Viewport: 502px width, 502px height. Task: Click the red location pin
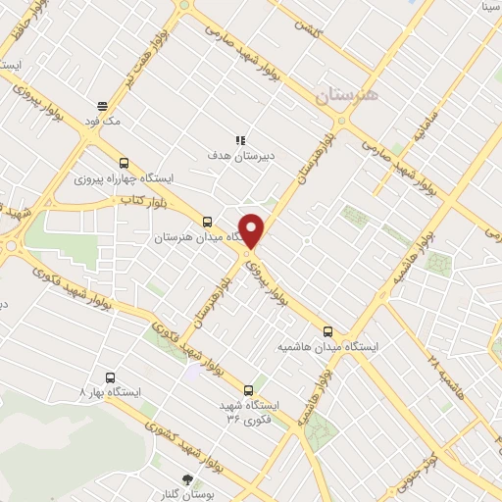point(252,229)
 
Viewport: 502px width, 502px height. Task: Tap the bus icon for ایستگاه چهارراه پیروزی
point(123,164)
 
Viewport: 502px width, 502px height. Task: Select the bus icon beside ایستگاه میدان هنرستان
point(206,222)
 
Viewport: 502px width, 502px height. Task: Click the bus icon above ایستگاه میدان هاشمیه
point(327,331)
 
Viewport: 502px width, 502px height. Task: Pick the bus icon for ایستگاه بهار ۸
point(108,376)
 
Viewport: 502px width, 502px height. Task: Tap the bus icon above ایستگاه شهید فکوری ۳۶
point(247,389)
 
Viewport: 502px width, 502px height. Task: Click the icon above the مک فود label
point(102,106)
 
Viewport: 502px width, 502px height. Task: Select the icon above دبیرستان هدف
point(240,140)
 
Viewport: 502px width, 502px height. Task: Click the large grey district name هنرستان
point(344,96)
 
